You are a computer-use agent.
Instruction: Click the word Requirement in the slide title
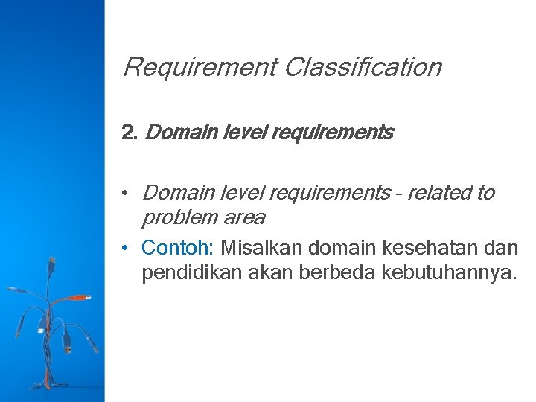(199, 68)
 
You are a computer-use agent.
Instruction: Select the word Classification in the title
(363, 68)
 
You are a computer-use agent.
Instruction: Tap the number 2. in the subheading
(130, 133)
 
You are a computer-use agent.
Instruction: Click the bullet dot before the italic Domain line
(128, 194)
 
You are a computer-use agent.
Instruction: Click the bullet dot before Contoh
(128, 247)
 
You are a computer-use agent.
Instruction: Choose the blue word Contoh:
(178, 246)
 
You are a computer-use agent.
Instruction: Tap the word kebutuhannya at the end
(447, 272)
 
